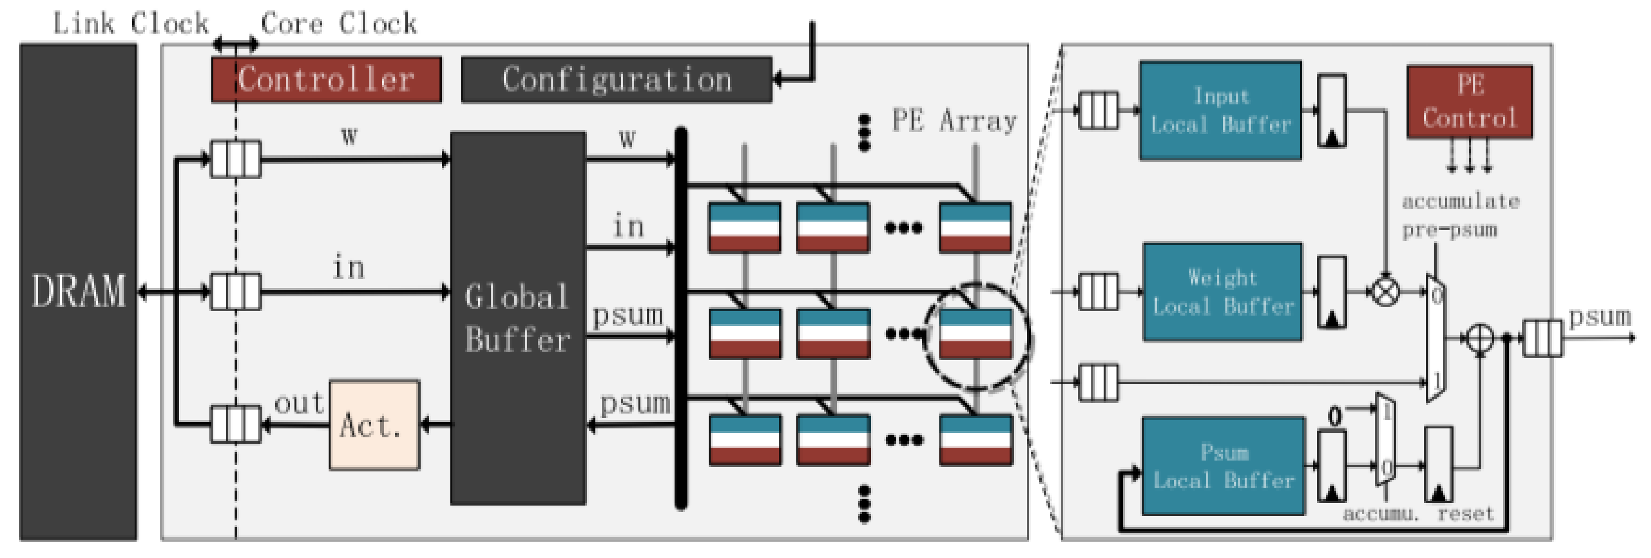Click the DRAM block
tap(78, 291)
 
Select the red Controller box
tap(326, 80)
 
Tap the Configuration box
tap(617, 80)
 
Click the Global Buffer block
tap(518, 319)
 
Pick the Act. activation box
tap(374, 425)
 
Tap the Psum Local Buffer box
tap(1223, 466)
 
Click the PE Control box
tap(1469, 102)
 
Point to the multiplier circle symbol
tap(1385, 292)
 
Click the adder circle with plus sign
tap(1480, 338)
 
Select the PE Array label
tap(954, 121)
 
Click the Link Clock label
tap(131, 24)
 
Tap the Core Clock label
tap(339, 24)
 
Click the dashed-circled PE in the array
tap(975, 334)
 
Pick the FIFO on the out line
tap(236, 424)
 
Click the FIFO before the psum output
tap(1543, 338)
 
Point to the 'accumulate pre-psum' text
tap(1459, 216)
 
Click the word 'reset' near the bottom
tap(1465, 514)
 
